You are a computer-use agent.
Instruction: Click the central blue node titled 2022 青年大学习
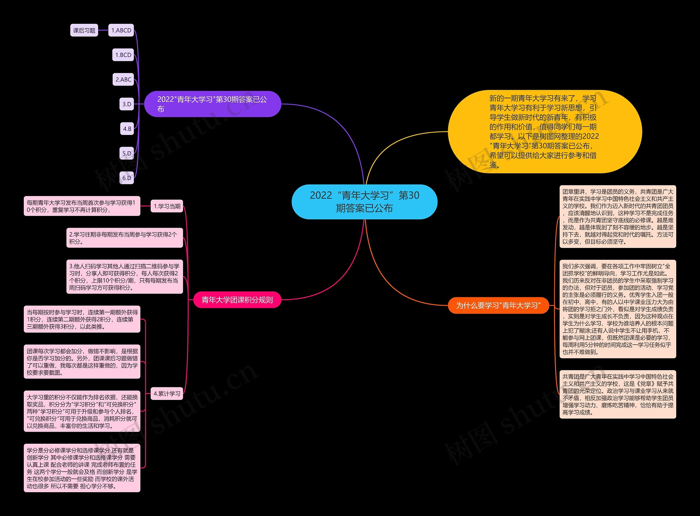click(364, 202)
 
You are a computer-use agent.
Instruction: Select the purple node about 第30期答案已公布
click(212, 104)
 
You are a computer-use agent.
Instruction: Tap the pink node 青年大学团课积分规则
click(237, 300)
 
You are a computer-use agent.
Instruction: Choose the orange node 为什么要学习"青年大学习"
click(498, 305)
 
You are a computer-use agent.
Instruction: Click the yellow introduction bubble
click(545, 131)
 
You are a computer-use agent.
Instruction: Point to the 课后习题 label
click(84, 30)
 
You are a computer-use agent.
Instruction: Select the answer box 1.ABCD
click(121, 30)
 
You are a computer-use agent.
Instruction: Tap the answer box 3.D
click(127, 104)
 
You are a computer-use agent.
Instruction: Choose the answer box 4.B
click(127, 129)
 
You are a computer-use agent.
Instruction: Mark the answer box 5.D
click(127, 153)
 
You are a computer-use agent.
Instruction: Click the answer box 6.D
click(127, 178)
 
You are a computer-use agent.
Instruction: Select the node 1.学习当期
click(167, 206)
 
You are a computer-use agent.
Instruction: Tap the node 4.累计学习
click(167, 394)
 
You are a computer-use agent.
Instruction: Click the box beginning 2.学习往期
click(124, 238)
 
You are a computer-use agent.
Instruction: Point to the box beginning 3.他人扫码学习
click(124, 277)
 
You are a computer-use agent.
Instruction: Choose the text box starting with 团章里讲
click(618, 217)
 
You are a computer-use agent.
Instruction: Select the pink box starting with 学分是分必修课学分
click(82, 468)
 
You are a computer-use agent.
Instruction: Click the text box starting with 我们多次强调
click(618, 309)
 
